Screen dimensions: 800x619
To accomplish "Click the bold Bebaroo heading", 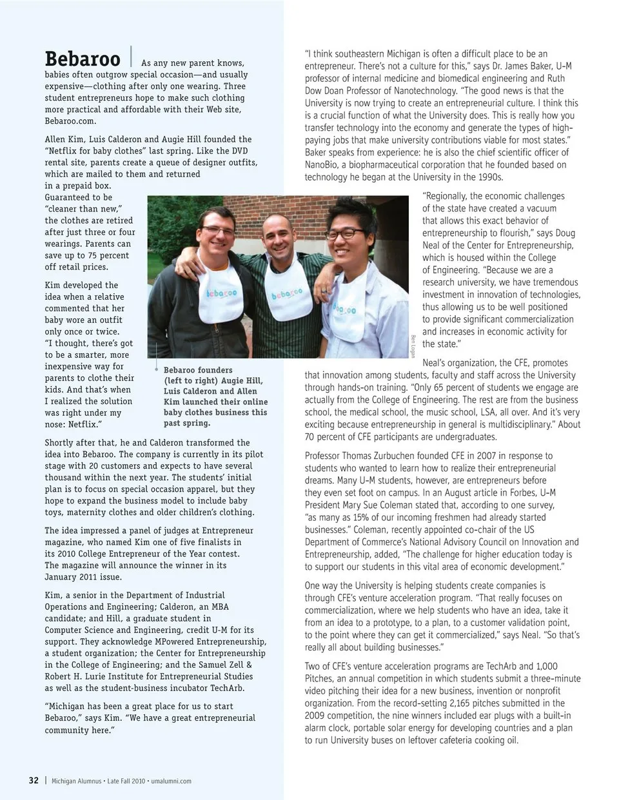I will point(83,59).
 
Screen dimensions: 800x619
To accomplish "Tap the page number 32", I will point(34,781).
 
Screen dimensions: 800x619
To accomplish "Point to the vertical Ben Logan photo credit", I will point(413,346).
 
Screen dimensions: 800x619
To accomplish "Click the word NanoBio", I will point(322,165).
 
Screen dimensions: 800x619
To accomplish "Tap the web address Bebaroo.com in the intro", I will point(70,121).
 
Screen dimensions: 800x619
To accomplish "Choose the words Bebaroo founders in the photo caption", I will point(198,370).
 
